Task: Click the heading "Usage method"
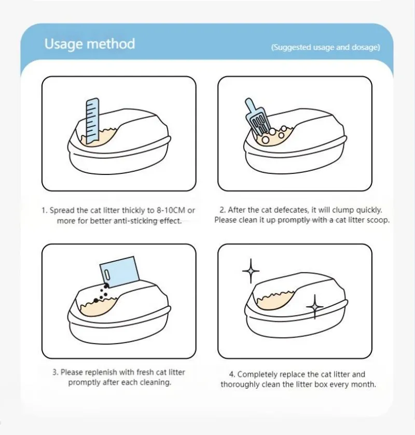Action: coord(90,44)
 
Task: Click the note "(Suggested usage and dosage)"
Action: coord(325,47)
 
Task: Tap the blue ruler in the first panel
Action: coord(92,121)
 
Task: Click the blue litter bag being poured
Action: coord(119,271)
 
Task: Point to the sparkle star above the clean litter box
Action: coord(251,271)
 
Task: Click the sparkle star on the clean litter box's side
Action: coord(315,307)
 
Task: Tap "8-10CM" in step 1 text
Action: coord(171,210)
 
